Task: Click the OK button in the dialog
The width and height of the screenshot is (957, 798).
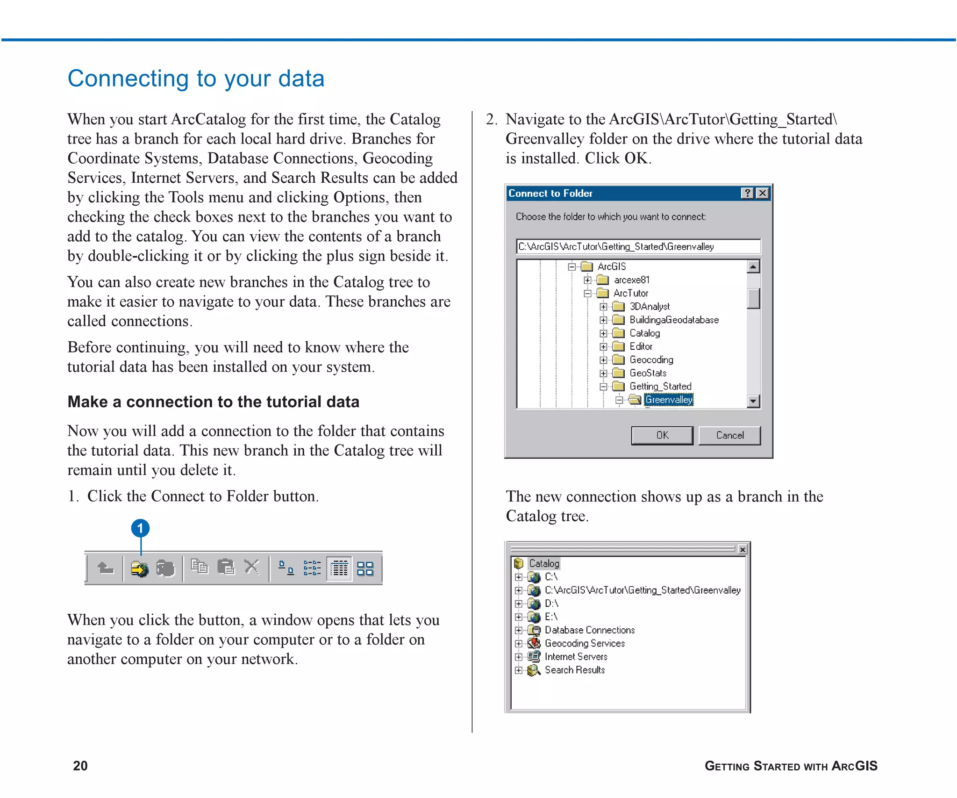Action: pos(662,435)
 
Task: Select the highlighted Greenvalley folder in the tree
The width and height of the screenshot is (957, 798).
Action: pos(668,400)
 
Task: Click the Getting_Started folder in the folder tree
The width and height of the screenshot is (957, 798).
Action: pos(660,386)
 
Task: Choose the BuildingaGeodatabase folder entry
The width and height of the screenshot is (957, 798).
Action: pos(673,320)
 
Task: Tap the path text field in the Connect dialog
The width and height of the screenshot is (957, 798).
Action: pos(638,246)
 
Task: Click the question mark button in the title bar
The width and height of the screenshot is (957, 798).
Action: pos(747,193)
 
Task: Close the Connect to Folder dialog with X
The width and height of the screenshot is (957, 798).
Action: pos(763,193)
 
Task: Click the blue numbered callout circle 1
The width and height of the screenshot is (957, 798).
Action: pos(140,528)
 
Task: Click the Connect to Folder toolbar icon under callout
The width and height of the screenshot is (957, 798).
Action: pos(139,568)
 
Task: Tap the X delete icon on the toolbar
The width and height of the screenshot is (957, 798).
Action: pos(252,567)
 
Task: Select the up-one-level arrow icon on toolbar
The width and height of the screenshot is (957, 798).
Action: pos(106,568)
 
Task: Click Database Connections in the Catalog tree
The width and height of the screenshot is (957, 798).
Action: pos(589,630)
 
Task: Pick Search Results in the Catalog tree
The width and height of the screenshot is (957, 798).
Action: pos(574,670)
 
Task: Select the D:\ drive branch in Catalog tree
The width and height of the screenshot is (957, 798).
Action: pos(551,604)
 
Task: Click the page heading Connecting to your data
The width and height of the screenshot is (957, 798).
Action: pos(196,78)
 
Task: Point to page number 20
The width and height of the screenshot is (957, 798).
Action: pos(80,765)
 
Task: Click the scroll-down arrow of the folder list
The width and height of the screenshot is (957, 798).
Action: pos(753,401)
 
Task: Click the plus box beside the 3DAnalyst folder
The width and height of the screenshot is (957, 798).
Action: pos(603,307)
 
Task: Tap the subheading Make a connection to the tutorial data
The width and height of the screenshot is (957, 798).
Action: pos(213,402)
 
